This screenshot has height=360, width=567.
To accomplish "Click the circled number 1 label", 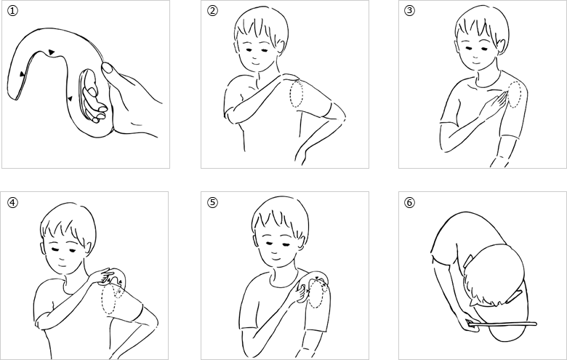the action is pyautogui.click(x=12, y=11).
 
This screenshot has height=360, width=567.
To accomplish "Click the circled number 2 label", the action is pyautogui.click(x=212, y=10).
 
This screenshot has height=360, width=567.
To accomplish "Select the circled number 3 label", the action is pyautogui.click(x=409, y=10).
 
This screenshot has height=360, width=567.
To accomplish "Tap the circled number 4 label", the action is pyautogui.click(x=12, y=203).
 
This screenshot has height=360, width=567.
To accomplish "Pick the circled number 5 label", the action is pyautogui.click(x=212, y=202).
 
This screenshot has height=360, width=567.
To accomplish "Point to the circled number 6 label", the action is pyautogui.click(x=409, y=202).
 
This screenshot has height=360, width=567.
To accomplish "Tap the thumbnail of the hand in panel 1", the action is pyautogui.click(x=107, y=68).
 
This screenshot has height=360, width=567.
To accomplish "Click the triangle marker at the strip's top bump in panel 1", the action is pyautogui.click(x=52, y=52).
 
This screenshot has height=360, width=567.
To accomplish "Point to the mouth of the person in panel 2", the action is pyautogui.click(x=256, y=62).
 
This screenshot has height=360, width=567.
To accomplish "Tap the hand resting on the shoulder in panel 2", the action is pyautogui.click(x=290, y=77).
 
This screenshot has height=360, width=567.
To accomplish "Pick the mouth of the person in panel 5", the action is pyautogui.click(x=276, y=259).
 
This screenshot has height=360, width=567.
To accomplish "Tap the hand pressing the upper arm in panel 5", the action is pyautogui.click(x=300, y=293).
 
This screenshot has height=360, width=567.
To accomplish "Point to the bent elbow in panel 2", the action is pyautogui.click(x=341, y=116).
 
